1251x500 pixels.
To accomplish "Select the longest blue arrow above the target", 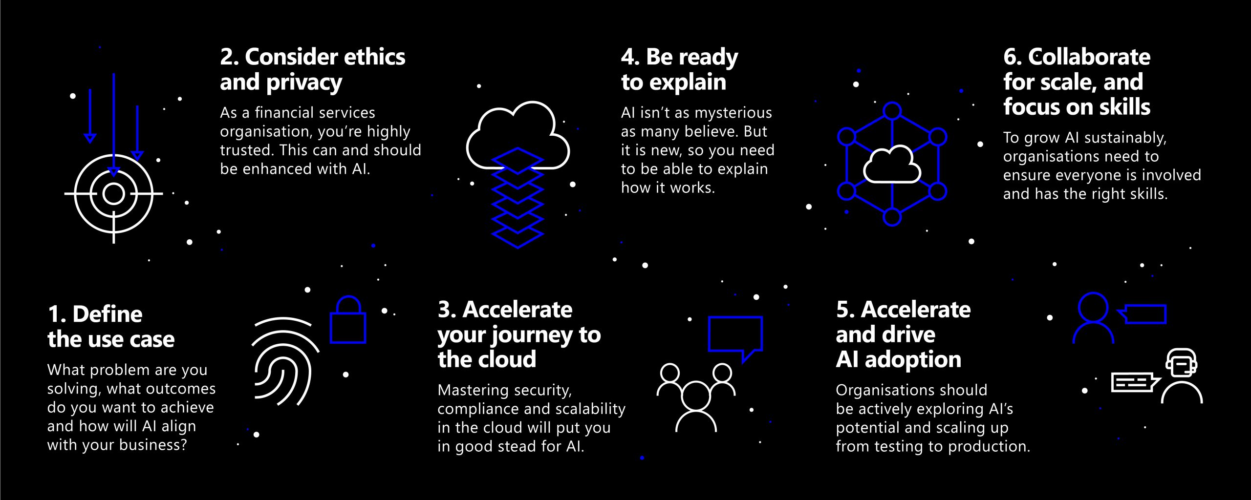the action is point(114,125).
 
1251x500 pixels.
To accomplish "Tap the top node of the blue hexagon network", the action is point(892,111).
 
